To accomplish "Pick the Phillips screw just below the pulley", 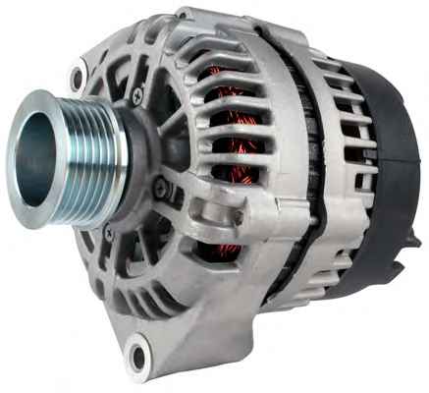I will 109,234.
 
